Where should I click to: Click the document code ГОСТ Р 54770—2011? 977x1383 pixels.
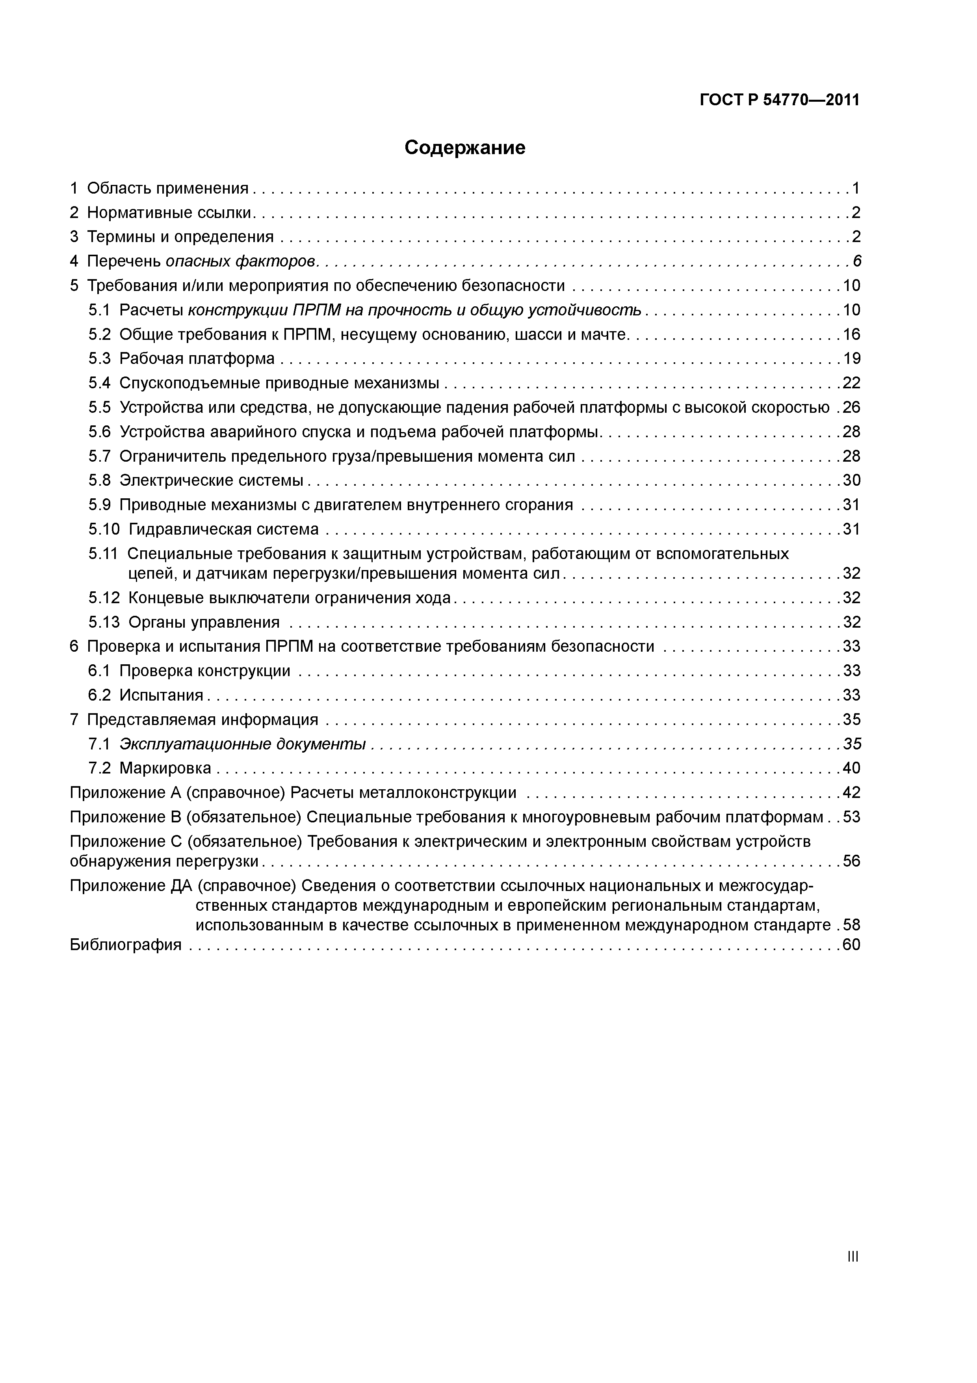[x=779, y=100]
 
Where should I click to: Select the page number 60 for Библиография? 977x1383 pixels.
[x=851, y=945]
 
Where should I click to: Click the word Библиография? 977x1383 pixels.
[x=125, y=945]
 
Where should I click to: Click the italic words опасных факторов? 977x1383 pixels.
[x=241, y=261]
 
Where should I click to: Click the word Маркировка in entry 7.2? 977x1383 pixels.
[x=165, y=768]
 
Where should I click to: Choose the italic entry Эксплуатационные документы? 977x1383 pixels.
[x=243, y=744]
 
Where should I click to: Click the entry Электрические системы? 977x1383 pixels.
[x=211, y=481]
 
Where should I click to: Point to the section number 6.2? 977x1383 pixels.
[x=99, y=695]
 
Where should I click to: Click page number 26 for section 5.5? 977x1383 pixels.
[x=851, y=408]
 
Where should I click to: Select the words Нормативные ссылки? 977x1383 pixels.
[x=170, y=212]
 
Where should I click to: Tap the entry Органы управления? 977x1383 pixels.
[x=204, y=622]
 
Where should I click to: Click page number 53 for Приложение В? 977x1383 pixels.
[x=851, y=817]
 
